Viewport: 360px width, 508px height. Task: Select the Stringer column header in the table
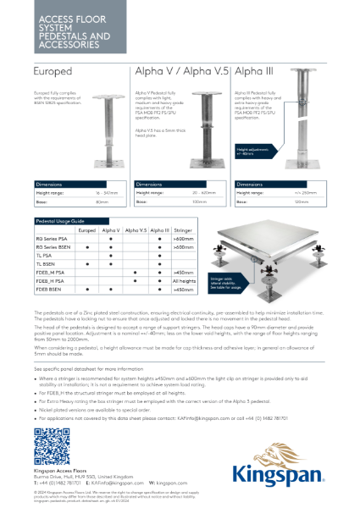182,229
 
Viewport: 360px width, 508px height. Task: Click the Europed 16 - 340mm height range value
106,194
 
